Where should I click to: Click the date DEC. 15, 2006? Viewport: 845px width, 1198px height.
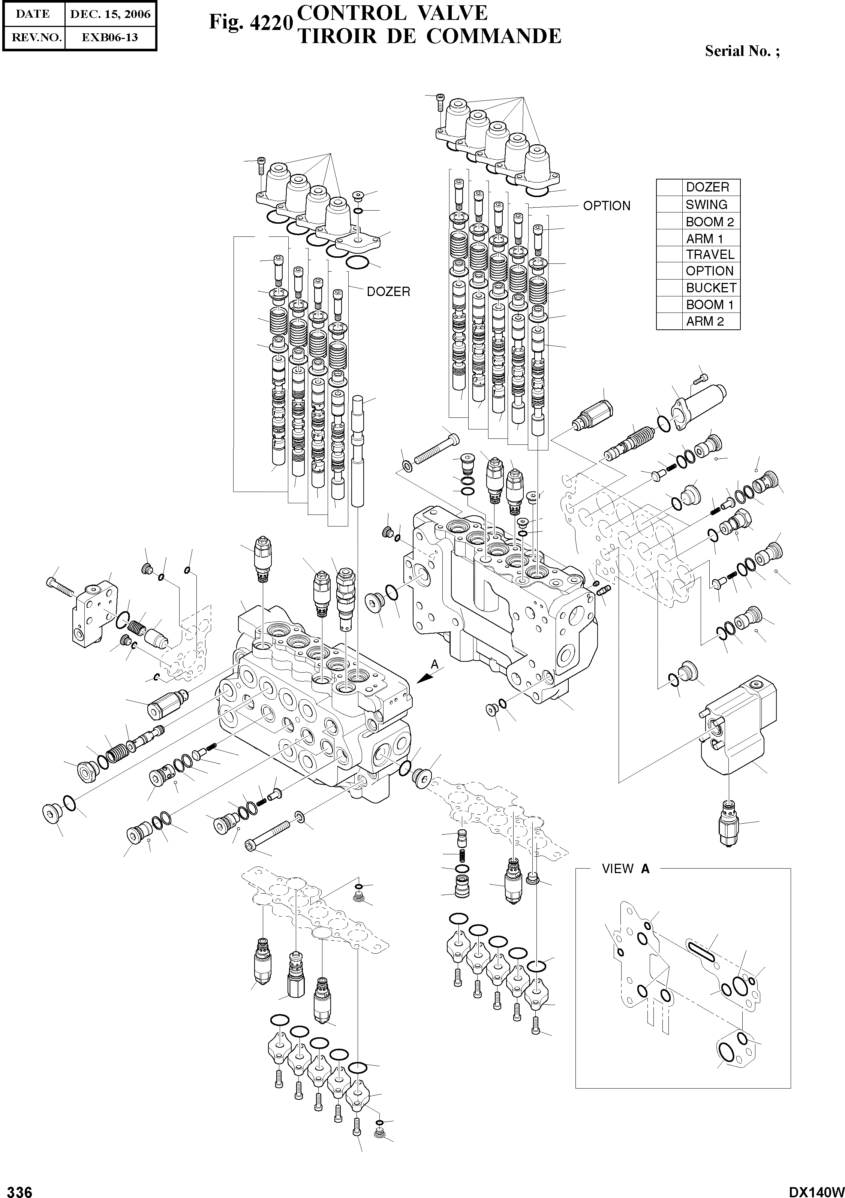coord(110,14)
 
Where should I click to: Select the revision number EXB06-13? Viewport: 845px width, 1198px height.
coord(110,37)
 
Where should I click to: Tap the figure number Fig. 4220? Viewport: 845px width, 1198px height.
coord(249,22)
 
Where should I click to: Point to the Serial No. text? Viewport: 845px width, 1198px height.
coord(742,51)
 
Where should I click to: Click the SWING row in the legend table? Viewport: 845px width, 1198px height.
coord(706,205)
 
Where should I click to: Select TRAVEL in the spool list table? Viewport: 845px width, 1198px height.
coord(710,255)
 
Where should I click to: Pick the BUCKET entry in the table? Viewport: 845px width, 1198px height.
coord(711,288)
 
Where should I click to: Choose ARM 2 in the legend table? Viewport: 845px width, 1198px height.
coord(704,322)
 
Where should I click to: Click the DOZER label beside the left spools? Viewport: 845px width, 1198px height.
coord(388,292)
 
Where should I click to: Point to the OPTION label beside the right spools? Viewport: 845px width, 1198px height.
coord(607,206)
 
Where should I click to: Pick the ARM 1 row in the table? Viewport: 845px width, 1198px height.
coord(704,238)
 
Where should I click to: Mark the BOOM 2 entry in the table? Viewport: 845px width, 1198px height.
coord(710,222)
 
